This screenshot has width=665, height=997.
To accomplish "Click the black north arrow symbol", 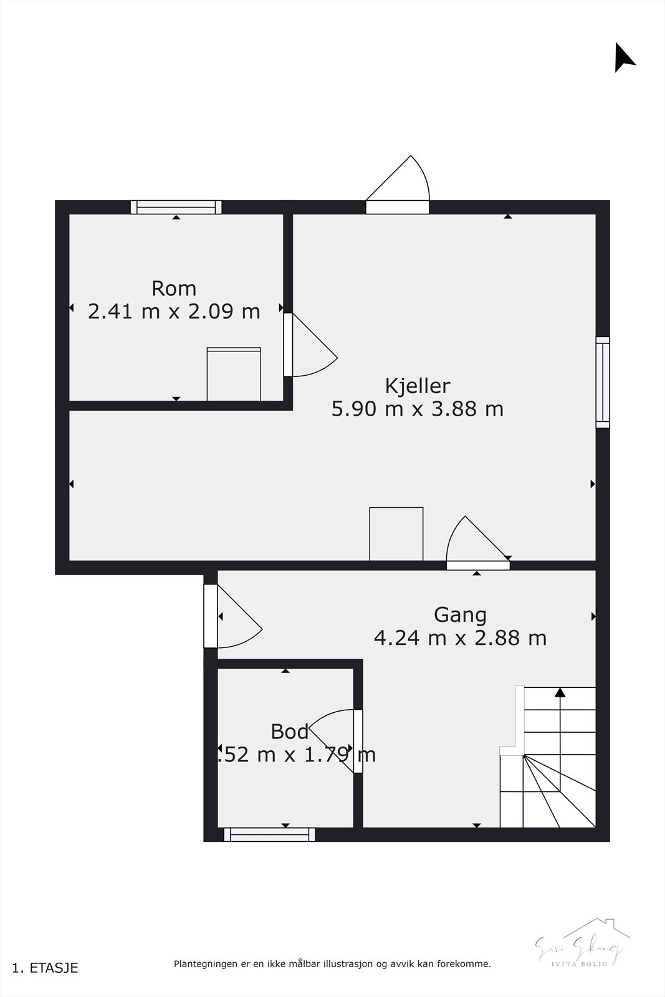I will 623,59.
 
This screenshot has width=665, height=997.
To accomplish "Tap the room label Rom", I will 174,289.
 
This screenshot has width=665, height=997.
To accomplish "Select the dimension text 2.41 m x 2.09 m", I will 174,311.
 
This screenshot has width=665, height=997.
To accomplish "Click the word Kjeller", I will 417,386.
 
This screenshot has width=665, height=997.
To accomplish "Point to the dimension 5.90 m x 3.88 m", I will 417,409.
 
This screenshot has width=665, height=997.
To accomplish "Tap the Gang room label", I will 460,615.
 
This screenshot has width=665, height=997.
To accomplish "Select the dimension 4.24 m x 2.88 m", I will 460,638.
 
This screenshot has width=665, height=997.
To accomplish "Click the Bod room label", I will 290,732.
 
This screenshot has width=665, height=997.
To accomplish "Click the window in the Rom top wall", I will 176,207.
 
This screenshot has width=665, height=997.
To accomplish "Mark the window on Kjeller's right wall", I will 602,382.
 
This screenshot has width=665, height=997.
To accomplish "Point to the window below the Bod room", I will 269,834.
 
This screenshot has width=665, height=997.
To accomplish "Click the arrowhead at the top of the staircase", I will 560,692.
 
